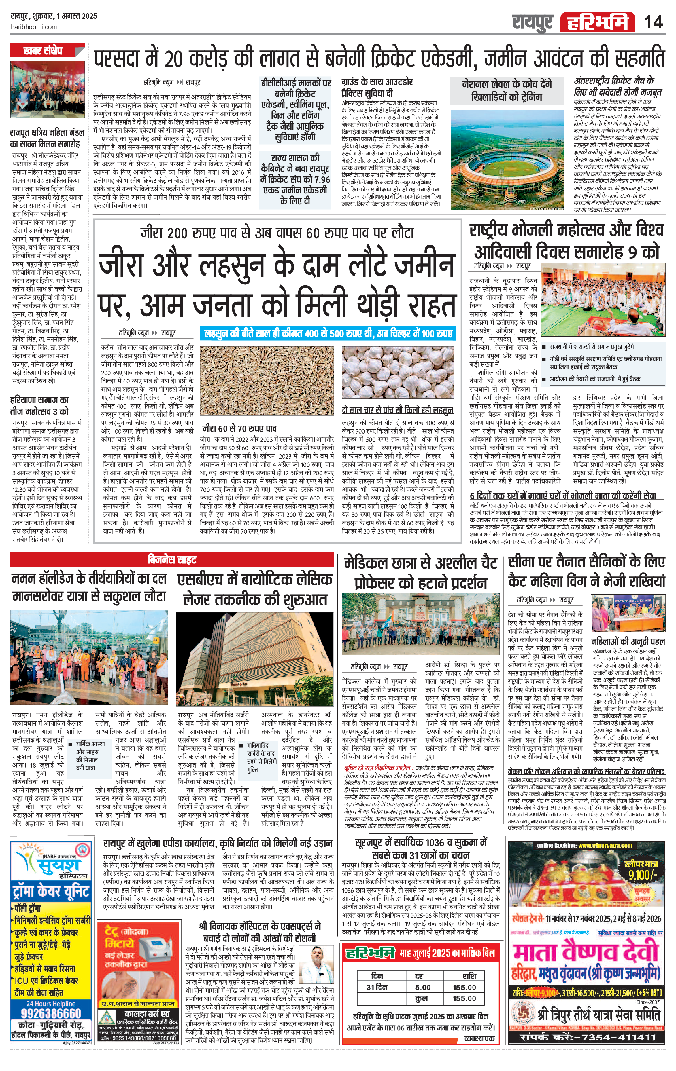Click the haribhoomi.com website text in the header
pos(33,27)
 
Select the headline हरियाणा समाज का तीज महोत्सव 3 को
pos(39,406)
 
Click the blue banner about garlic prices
pos(328,334)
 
